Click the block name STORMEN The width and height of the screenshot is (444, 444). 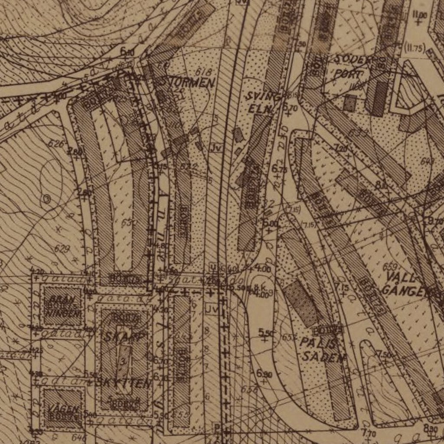tap(187, 82)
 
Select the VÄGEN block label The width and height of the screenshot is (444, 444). tap(64, 409)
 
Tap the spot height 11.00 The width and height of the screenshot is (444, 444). tap(420, 15)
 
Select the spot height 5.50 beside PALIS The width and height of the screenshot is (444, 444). tap(266, 332)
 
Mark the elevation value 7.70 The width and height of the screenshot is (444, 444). tap(369, 432)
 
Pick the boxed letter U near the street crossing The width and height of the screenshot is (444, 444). tap(212, 266)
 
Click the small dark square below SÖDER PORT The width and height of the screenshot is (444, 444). tap(349, 103)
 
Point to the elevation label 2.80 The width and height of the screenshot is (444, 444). tap(75, 151)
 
